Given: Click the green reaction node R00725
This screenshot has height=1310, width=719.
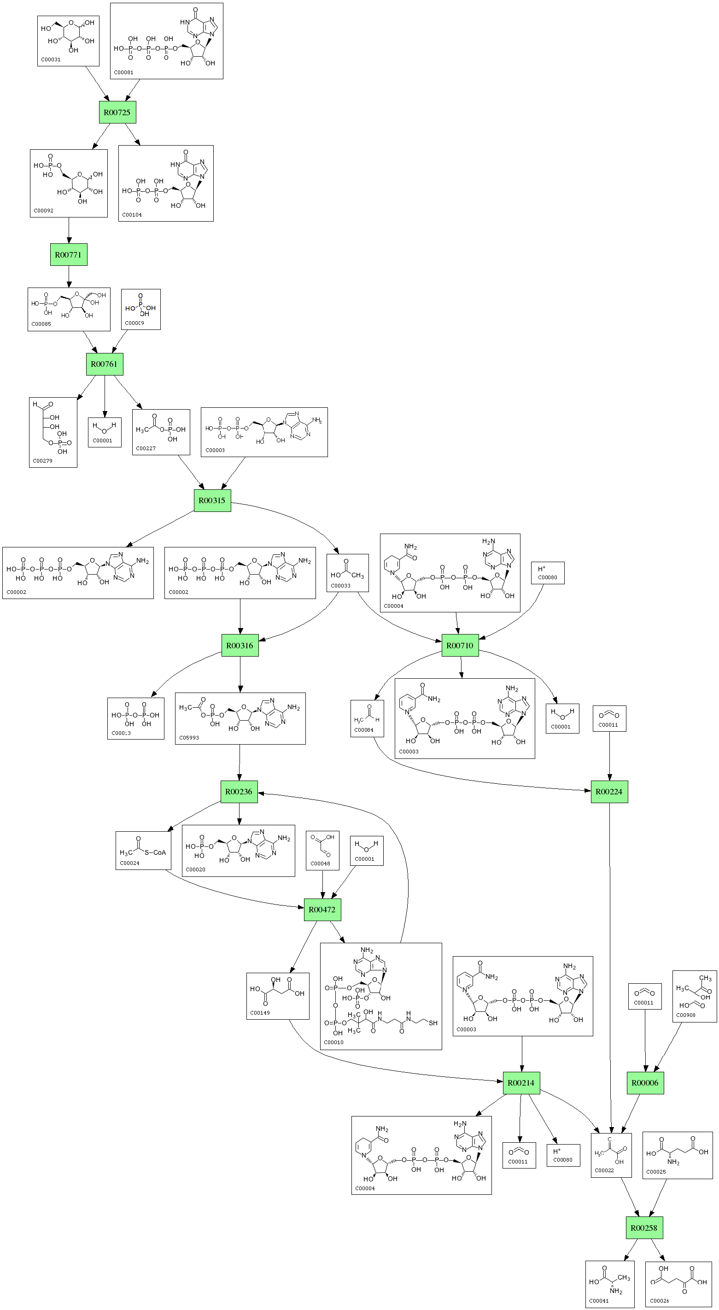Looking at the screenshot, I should [117, 112].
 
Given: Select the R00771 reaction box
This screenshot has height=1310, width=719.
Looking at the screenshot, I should [69, 255].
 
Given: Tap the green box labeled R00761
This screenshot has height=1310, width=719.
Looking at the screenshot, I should [104, 364].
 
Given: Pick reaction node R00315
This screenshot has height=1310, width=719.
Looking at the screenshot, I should [212, 500].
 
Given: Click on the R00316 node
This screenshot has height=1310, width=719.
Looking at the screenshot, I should [240, 646].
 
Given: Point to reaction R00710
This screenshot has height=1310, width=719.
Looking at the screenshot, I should [460, 646].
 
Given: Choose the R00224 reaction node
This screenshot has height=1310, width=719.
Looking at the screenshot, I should [609, 792].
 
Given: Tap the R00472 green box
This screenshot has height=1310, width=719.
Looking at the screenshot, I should [322, 910].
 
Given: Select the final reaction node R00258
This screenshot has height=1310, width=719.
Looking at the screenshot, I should [644, 1228].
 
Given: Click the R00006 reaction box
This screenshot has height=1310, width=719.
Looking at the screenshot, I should [645, 1083].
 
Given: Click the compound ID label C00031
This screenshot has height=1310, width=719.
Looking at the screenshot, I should [50, 59].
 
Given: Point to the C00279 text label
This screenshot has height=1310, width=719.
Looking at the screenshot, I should [42, 461].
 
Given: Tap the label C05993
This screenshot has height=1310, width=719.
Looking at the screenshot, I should [189, 737].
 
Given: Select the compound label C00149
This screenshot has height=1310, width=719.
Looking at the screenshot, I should [260, 1012].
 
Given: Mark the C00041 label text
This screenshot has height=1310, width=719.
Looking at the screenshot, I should [598, 1300].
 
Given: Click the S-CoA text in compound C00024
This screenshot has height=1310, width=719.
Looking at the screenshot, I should [156, 853].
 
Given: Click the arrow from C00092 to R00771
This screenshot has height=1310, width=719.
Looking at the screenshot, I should [69, 230].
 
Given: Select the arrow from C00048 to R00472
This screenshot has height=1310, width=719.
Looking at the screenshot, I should [322, 884].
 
